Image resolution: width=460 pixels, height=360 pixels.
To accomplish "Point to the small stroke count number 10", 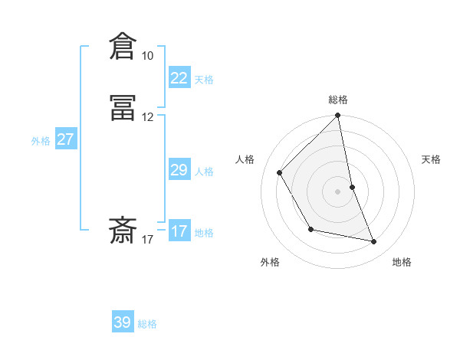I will tap(147, 56).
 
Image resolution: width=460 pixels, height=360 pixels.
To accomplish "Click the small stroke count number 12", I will tap(147, 117).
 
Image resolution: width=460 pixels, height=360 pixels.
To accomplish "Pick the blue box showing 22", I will tap(179, 78).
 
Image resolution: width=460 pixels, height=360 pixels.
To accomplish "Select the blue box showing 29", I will tap(179, 170).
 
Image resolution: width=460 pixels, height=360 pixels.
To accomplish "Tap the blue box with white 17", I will tap(179, 231).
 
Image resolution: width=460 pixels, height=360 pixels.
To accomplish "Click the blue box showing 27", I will tap(65, 139).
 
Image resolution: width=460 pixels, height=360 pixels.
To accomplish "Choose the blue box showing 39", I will tap(122, 322).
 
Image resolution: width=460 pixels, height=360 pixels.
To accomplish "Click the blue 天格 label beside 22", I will tap(204, 80).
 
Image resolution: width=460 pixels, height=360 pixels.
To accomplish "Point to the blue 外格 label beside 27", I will tap(41, 141).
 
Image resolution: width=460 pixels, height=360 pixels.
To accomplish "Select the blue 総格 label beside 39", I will tap(147, 324).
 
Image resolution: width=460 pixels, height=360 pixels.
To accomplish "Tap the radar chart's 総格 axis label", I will tap(338, 100).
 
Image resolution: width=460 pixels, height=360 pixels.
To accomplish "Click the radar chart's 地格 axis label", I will tap(402, 262).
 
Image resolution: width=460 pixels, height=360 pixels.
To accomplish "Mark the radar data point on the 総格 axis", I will tap(338, 116).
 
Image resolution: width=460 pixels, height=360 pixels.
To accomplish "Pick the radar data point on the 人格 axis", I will tap(280, 172).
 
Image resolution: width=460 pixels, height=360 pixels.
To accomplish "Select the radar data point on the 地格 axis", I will tap(374, 241).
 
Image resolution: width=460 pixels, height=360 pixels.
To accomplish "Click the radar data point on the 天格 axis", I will tap(352, 187).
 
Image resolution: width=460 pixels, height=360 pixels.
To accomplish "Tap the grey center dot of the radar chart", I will tap(338, 191).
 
